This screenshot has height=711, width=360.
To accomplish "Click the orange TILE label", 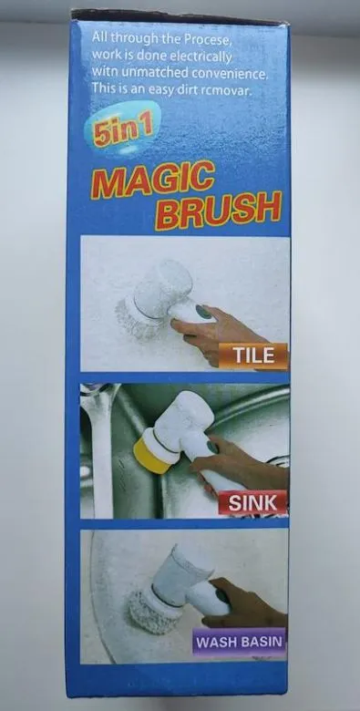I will point(252,355).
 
